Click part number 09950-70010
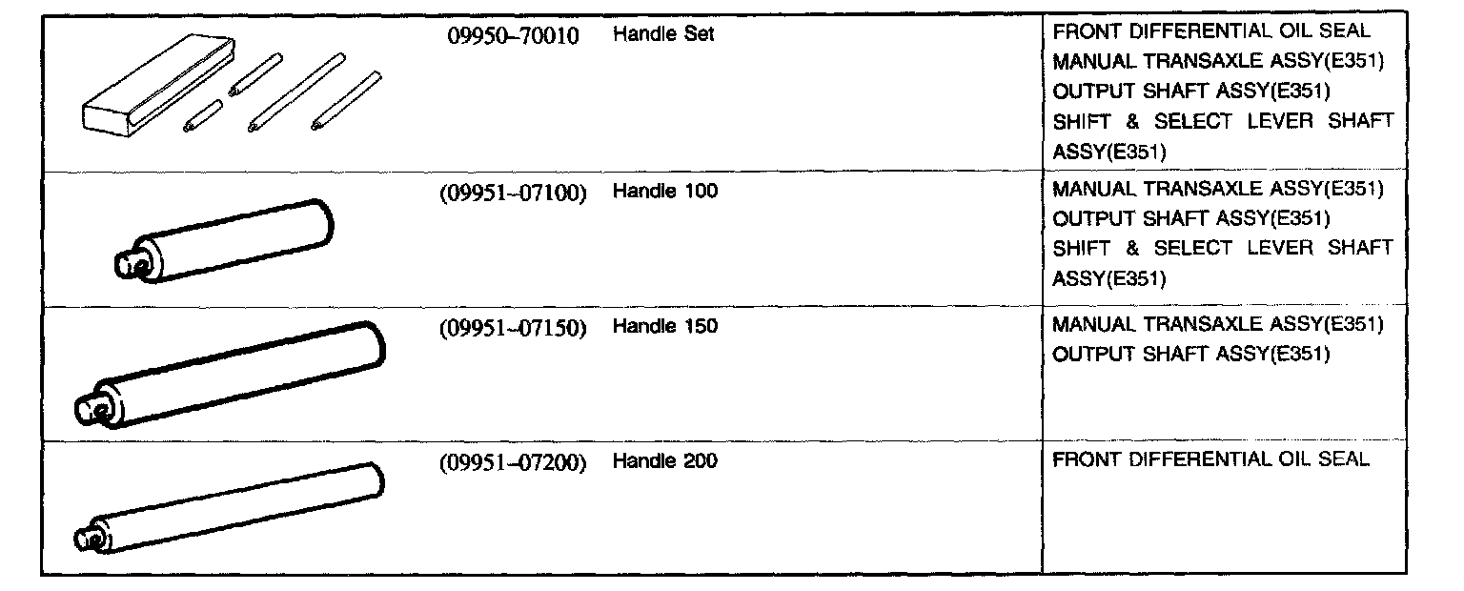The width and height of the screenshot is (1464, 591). pyautogui.click(x=514, y=35)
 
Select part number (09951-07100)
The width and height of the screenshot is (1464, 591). pyautogui.click(x=513, y=192)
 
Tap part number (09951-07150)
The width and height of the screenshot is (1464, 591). pyautogui.click(x=513, y=327)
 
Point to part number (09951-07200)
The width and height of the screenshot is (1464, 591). pyautogui.click(x=513, y=462)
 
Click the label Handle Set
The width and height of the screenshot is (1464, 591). pyautogui.click(x=663, y=34)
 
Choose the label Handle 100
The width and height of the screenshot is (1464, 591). pyautogui.click(x=665, y=191)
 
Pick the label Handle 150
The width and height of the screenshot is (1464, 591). pyautogui.click(x=665, y=326)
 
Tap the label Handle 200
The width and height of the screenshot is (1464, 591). pyautogui.click(x=665, y=461)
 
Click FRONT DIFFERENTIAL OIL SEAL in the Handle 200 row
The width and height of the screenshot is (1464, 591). pyautogui.click(x=1210, y=460)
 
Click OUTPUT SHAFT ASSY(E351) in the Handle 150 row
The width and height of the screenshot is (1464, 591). pyautogui.click(x=1190, y=355)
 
